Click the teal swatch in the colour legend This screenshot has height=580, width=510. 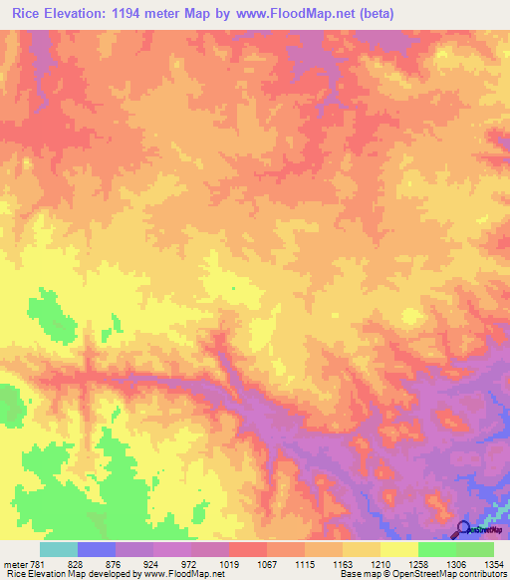[x=58, y=549]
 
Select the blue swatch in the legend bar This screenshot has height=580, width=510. [x=96, y=549]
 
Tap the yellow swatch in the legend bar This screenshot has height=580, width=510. [x=398, y=549]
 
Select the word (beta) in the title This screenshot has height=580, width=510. [x=377, y=14]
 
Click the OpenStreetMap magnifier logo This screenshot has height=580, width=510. [x=463, y=529]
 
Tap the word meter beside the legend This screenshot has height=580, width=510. [x=15, y=565]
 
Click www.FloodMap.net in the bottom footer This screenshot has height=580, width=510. [x=186, y=575]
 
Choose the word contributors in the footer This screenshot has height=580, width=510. [x=484, y=575]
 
